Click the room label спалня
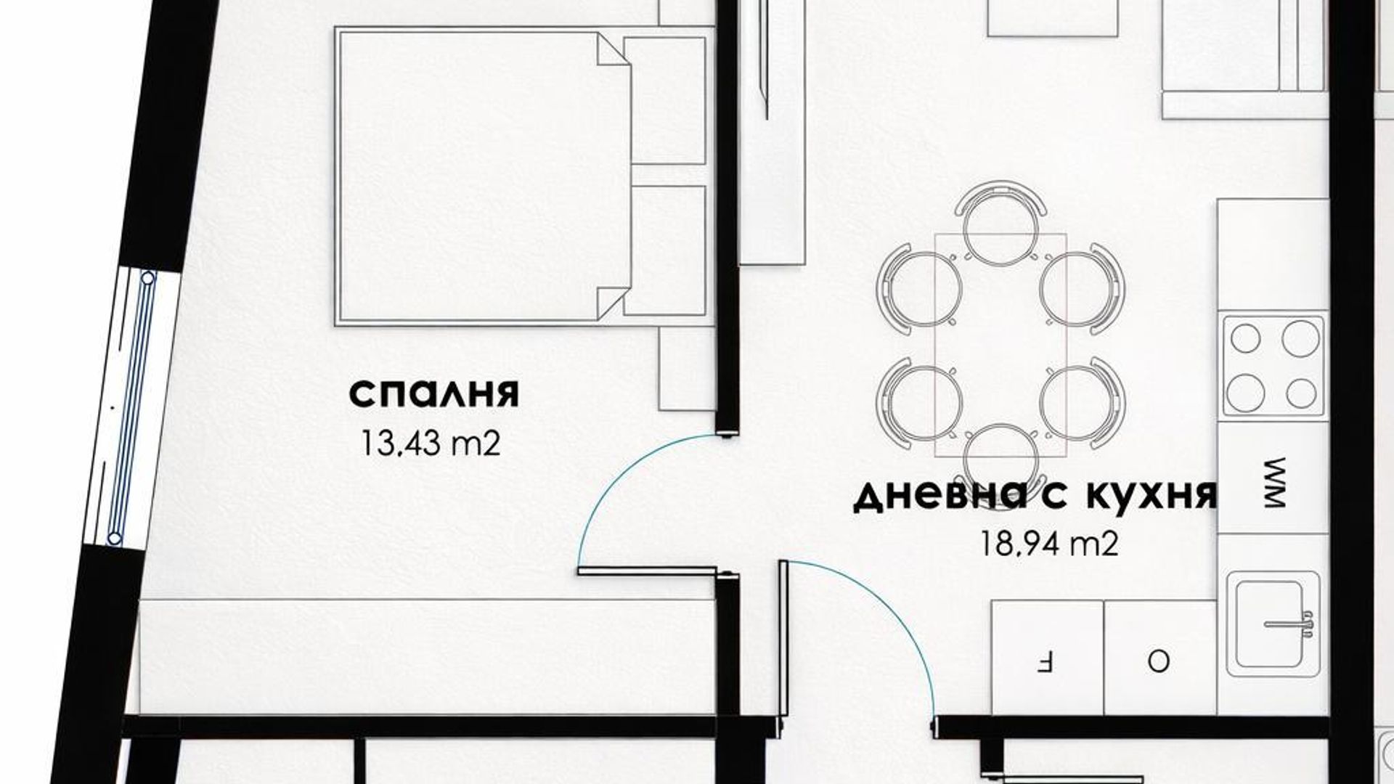(434, 394)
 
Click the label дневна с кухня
(1035, 497)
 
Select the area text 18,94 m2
(1048, 543)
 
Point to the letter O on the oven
(1158, 662)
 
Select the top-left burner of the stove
(1246, 338)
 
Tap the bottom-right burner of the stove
(1300, 393)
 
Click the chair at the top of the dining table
(1000, 221)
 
